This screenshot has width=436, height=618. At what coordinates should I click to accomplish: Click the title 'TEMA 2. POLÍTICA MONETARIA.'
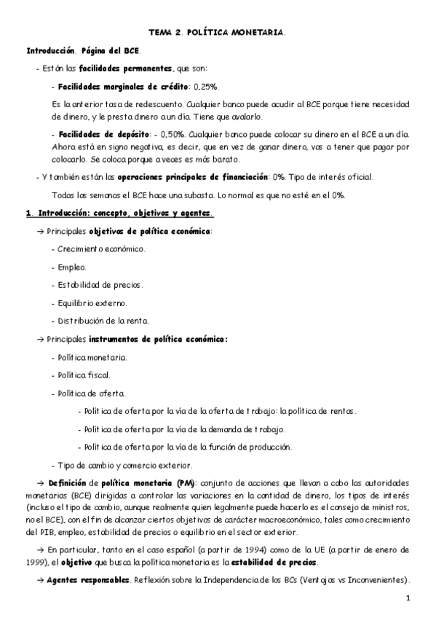(218, 33)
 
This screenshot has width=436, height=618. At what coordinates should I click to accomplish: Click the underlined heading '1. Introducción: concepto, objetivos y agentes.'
(119, 213)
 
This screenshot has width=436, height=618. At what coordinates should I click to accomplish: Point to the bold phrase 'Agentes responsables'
(87, 581)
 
